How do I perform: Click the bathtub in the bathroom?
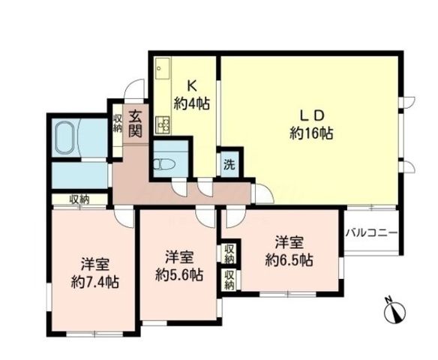coord(65,137)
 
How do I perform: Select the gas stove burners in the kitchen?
coord(163,124)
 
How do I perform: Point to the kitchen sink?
coord(162,68)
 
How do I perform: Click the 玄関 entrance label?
coord(136,124)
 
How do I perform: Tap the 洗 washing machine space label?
coord(229,165)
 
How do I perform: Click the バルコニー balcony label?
coord(371,232)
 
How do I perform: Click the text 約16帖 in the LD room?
coord(311,133)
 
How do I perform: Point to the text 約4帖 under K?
coord(192,104)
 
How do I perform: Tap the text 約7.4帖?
coord(95,282)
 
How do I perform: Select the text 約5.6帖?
coord(179,274)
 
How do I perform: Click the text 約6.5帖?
coord(289,260)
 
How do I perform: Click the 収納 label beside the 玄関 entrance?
coord(118,123)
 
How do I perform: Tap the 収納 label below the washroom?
coord(79,199)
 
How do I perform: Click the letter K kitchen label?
coord(192,86)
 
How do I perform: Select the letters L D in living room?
coord(312,115)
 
